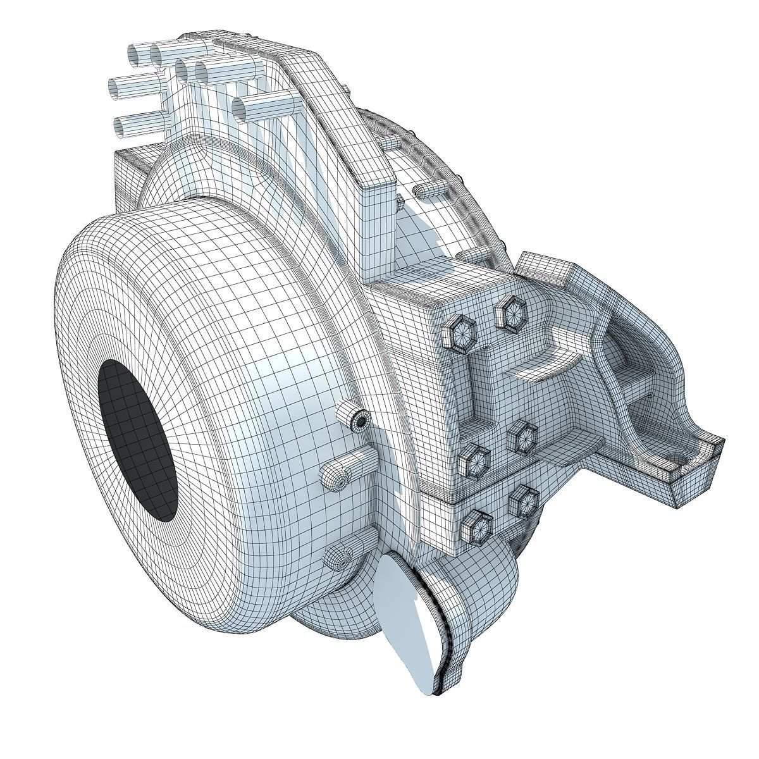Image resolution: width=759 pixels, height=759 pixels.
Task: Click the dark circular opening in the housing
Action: [137, 440]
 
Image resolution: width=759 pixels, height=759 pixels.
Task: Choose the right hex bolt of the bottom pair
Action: [522, 500]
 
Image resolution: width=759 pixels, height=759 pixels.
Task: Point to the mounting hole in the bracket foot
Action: [679, 457]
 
